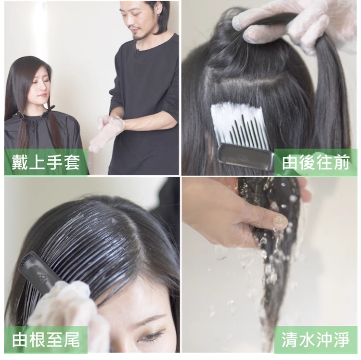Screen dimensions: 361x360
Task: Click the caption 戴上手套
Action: [46, 163]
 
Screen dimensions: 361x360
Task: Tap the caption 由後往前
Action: [316, 163]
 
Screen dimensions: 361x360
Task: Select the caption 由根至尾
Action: [46, 340]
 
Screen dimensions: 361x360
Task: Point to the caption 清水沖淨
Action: [316, 340]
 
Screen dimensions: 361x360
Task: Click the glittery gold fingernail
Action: [281, 222]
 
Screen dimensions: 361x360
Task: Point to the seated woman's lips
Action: [42, 95]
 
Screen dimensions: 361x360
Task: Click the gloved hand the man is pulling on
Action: [108, 131]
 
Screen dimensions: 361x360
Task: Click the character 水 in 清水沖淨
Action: [307, 340]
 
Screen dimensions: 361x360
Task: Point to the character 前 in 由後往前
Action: [342, 163]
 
